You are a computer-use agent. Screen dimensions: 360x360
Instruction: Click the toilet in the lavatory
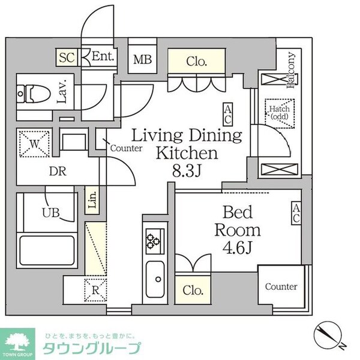pos(34,94)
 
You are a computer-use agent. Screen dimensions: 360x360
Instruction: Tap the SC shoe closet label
pos(67,58)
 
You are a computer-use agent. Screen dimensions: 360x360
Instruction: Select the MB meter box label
pos(142,59)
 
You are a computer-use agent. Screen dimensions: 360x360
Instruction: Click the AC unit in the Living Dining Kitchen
pos(227,115)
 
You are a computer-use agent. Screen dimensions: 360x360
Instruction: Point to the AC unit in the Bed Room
pos(296,213)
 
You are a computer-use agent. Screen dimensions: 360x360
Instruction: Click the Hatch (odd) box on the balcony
pos(280,113)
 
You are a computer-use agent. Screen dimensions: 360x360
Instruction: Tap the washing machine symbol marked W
pos(34,144)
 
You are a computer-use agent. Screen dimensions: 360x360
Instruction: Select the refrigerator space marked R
pos(95,290)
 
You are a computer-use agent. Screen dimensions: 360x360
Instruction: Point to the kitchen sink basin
pos(155,279)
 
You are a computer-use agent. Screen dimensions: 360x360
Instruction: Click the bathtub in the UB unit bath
pos(47,251)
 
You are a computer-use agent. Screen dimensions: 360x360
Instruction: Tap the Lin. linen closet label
pos(92,200)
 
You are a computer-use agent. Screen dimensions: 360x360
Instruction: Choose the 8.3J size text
pos(187,171)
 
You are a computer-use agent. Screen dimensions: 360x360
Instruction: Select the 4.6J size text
pos(238,248)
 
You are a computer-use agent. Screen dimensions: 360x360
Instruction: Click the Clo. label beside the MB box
pos(197,62)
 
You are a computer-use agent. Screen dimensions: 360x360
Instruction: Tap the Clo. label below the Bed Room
pos(193,290)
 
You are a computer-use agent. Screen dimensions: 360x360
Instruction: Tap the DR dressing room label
pos(58,171)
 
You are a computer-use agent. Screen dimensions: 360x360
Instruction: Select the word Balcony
pos(291,70)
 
